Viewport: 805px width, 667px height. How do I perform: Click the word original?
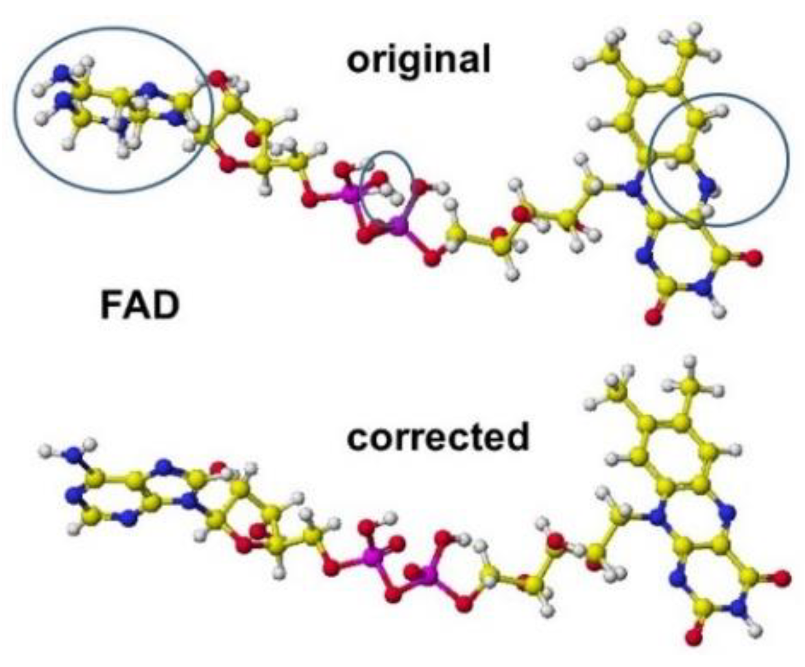tap(419, 59)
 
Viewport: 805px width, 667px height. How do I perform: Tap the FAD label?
tap(139, 305)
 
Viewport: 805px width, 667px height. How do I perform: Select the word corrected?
tap(438, 437)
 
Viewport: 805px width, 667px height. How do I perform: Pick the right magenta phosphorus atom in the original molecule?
tap(398, 226)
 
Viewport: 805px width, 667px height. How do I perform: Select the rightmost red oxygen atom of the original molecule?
tap(752, 259)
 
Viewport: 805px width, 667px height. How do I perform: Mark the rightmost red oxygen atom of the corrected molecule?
tap(782, 576)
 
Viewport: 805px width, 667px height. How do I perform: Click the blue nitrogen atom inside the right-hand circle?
tap(707, 189)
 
